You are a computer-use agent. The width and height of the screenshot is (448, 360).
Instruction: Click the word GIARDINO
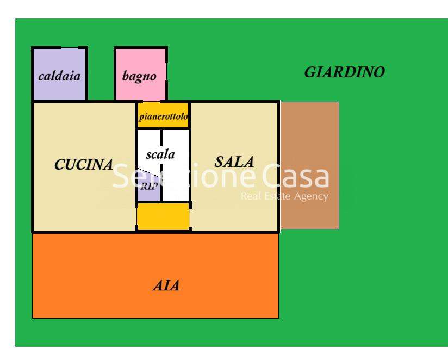(345, 72)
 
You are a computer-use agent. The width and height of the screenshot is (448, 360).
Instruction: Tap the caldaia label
(59, 76)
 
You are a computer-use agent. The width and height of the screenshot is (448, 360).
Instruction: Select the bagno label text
(139, 76)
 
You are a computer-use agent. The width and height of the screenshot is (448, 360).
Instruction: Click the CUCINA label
(84, 164)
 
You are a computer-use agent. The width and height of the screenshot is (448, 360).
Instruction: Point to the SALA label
(234, 162)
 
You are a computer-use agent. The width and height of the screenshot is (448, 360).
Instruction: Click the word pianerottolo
(163, 116)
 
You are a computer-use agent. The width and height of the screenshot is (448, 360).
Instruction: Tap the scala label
(160, 154)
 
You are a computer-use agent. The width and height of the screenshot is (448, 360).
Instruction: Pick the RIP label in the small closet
(149, 187)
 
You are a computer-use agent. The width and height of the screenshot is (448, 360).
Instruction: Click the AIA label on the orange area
(166, 285)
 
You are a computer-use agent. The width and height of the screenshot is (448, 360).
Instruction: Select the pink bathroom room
(141, 75)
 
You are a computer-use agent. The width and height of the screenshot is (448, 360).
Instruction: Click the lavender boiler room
(59, 75)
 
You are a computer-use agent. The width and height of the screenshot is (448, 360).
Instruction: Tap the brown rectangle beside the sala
(310, 165)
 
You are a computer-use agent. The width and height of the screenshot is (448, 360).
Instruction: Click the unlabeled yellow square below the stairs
(163, 216)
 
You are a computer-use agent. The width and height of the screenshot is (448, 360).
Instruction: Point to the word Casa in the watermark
(295, 177)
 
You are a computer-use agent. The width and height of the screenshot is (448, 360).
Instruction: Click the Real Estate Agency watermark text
(284, 196)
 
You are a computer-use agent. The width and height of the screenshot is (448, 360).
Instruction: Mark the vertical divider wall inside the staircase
(161, 165)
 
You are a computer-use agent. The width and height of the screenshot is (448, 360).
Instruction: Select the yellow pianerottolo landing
(163, 115)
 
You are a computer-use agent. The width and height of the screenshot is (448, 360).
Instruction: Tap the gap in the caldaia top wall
(70, 48)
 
